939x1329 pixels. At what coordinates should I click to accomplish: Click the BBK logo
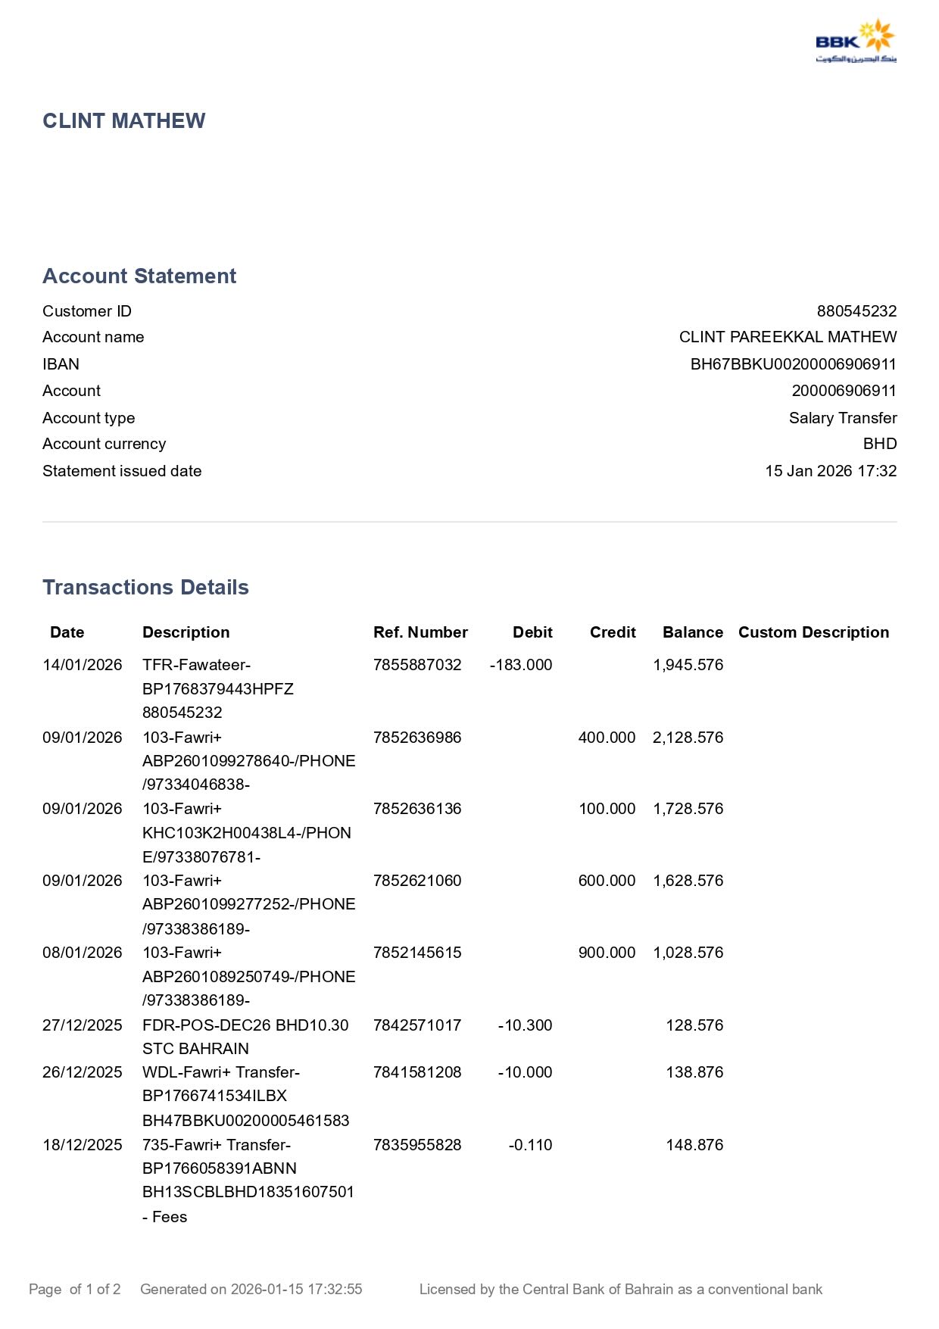pyautogui.click(x=856, y=42)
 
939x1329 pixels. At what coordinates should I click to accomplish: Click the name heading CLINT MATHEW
pyautogui.click(x=124, y=121)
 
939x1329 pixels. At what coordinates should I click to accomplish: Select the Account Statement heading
pyautogui.click(x=139, y=276)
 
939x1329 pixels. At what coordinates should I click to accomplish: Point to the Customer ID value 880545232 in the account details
pyautogui.click(x=856, y=311)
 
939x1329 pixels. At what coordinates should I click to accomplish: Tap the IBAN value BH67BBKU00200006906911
pyautogui.click(x=793, y=364)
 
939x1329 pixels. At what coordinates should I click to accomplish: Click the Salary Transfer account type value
pyautogui.click(x=842, y=418)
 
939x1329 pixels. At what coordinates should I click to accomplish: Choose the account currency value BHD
pyautogui.click(x=879, y=444)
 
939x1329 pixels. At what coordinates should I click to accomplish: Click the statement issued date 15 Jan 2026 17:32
pyautogui.click(x=830, y=471)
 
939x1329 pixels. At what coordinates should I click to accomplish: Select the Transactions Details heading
pyautogui.click(x=145, y=588)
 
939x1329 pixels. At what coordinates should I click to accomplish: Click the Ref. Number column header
pyautogui.click(x=420, y=632)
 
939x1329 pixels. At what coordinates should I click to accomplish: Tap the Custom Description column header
pyautogui.click(x=813, y=632)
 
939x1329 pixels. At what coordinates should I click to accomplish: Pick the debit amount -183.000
pyautogui.click(x=521, y=665)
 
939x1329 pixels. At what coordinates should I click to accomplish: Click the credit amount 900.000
pyautogui.click(x=607, y=953)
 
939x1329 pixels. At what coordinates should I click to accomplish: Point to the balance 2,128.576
pyautogui.click(x=688, y=738)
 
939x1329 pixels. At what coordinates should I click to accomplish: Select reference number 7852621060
pyautogui.click(x=417, y=881)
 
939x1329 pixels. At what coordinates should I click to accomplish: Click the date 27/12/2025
pyautogui.click(x=83, y=1025)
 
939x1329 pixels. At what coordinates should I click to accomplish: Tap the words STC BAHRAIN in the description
pyautogui.click(x=195, y=1049)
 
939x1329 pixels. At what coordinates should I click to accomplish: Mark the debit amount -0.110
pyautogui.click(x=530, y=1145)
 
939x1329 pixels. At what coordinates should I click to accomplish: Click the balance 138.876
pyautogui.click(x=694, y=1072)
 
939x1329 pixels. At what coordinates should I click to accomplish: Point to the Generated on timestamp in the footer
pyautogui.click(x=251, y=1289)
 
